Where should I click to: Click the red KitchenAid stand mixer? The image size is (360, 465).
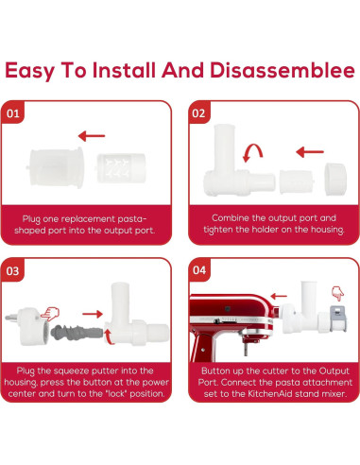click(227, 326)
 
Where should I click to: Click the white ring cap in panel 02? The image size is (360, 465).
click(335, 177)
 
